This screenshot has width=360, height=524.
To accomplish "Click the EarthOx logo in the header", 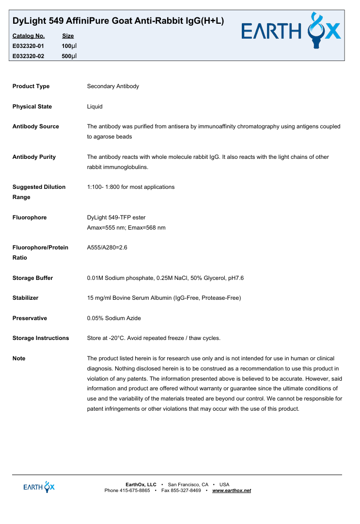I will pos(292,32).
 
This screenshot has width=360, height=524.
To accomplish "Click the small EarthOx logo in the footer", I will pos(39,487).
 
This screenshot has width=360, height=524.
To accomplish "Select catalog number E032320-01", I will pos(28,46).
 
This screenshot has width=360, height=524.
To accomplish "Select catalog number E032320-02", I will pos(28,56).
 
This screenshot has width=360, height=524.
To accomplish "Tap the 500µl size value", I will pos(69,56).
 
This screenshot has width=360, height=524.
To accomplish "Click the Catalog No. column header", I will pos(28,36).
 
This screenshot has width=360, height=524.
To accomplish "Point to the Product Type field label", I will pos(31,86).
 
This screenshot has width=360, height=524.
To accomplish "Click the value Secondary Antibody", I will pos(113,86).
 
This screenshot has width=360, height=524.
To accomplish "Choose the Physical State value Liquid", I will pos(94,107).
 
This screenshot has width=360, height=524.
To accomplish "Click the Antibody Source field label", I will pos(35,126).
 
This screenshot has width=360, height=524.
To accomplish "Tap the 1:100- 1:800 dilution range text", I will pos(131,187).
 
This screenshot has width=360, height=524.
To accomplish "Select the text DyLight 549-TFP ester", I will pos(116,217).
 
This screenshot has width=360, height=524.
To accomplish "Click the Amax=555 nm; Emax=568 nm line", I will pos(126,228).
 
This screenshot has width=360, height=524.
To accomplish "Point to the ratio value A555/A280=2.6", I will pos(107,247).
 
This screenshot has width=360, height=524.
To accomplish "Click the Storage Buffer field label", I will pos(32,278).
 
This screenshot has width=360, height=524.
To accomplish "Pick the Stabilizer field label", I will pos(25,298).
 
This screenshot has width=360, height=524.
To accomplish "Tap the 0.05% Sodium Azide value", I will pos(114,318).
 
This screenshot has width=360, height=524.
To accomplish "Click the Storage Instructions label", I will pos(41,338).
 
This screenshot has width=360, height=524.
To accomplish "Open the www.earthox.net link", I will pos(232,491).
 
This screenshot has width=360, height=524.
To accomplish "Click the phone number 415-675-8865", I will pos(135,491).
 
